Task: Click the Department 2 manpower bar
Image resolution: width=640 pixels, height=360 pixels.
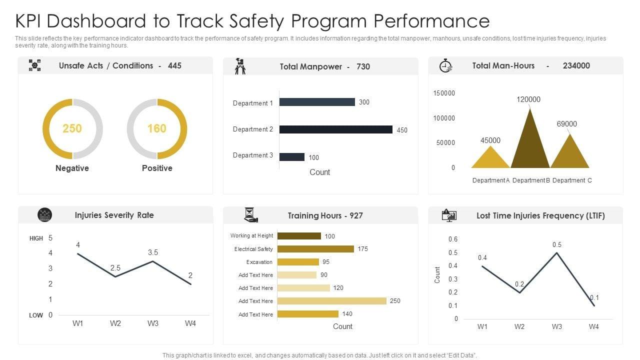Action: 335,129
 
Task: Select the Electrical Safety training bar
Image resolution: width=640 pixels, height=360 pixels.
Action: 315,249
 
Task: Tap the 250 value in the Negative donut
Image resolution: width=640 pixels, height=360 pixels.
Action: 72,128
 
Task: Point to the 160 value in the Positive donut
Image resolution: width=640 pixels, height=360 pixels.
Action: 156,128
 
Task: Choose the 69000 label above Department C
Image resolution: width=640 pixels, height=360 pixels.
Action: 566,124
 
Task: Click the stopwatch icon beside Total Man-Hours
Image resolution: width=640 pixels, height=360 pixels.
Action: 445,66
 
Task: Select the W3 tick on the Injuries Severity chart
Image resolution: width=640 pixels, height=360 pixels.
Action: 153,323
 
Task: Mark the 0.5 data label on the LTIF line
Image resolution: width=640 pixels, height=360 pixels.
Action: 557,244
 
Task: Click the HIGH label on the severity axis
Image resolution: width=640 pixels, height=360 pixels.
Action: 36,238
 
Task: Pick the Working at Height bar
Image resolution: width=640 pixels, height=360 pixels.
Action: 299,236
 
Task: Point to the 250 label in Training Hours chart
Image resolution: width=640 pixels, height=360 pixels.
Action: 395,301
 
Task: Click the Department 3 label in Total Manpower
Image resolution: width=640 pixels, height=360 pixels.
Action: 253,155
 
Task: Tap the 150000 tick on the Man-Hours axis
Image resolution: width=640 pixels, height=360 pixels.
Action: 444,93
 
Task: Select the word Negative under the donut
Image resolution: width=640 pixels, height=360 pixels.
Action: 72,168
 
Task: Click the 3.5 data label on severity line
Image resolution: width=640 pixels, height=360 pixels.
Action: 153,252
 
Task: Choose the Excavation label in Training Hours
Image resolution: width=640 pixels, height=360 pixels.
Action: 259,262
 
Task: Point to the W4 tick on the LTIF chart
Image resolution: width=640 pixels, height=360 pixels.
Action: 593,327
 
